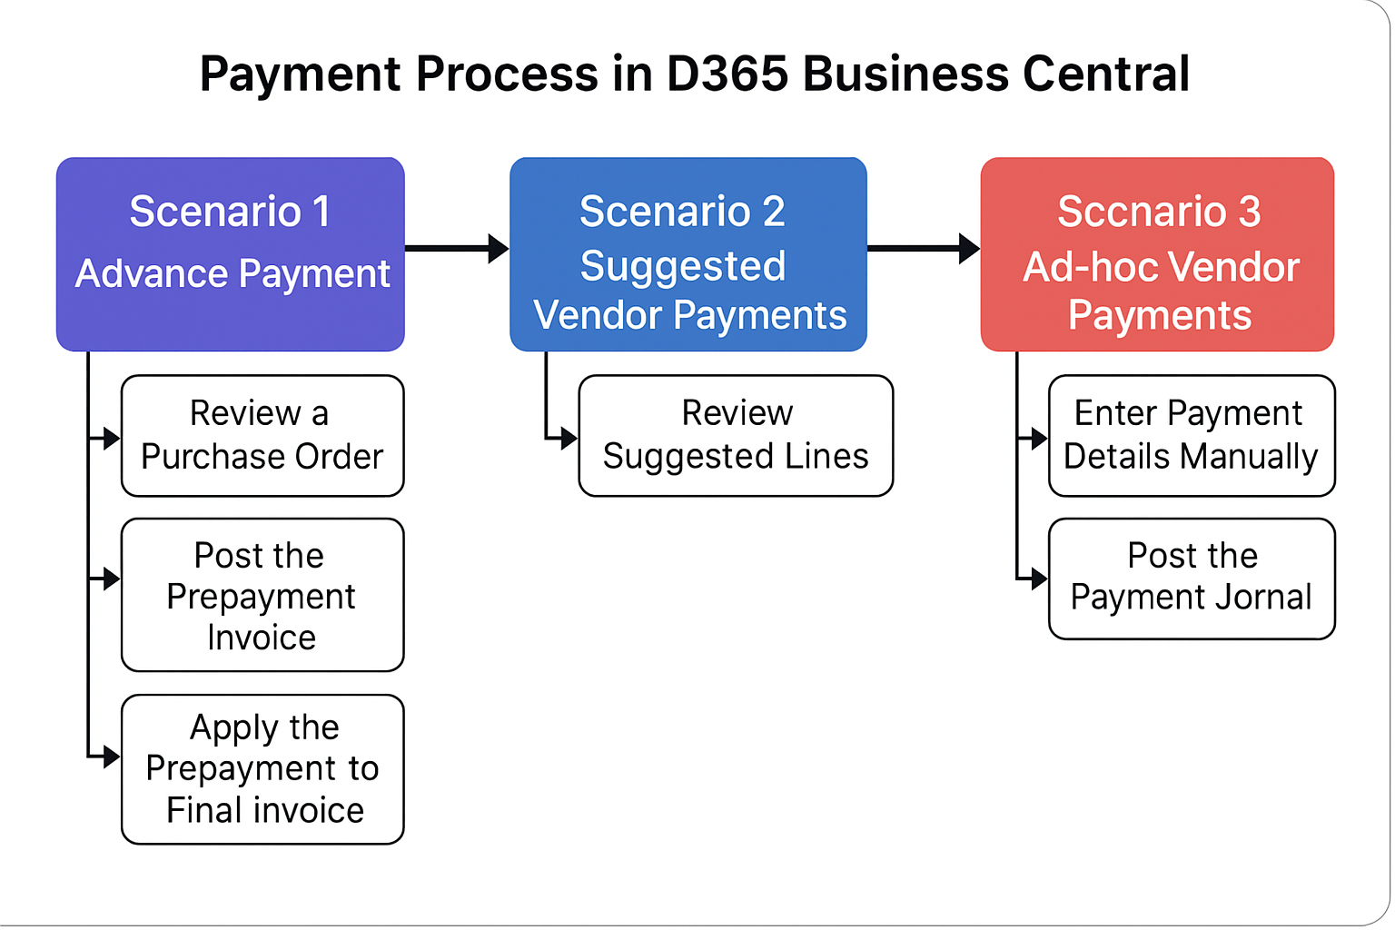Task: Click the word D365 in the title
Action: pos(727,74)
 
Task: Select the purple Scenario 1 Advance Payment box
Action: pos(231,254)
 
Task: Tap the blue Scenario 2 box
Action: pos(688,254)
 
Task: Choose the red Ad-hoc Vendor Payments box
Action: pos(1157,254)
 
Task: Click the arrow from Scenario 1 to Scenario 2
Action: pos(457,249)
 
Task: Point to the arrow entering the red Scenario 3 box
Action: pos(925,249)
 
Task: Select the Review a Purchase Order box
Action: pos(262,435)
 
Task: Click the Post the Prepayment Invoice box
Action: pos(262,595)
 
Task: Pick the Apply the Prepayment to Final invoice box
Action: pos(262,769)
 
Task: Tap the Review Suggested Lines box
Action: pos(737,435)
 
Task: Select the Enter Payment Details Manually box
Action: pos(1192,435)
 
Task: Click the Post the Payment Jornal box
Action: pos(1192,579)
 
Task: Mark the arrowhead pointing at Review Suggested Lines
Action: pos(569,439)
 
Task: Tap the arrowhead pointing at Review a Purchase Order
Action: pos(112,439)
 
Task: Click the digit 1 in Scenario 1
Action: pos(322,212)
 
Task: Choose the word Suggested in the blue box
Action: pos(683,267)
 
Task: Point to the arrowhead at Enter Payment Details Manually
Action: pos(1039,439)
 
